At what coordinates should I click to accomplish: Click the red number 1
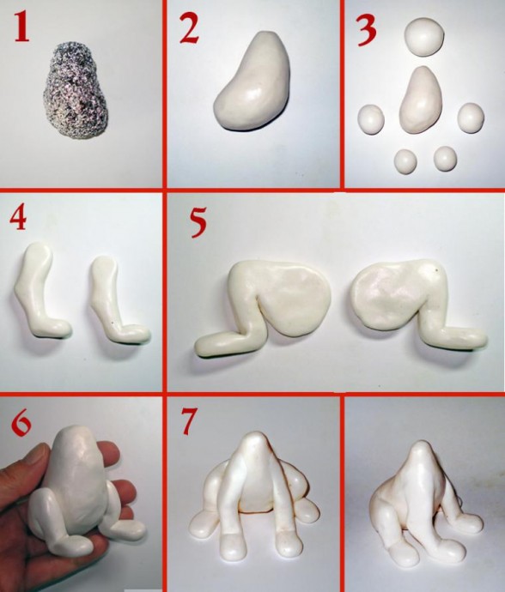point(21,28)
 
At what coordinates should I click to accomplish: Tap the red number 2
point(189,28)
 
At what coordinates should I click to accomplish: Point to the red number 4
point(18,218)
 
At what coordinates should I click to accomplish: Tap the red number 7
point(189,421)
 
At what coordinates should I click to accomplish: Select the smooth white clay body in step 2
point(252,82)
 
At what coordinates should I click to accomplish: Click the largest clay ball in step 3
point(423,37)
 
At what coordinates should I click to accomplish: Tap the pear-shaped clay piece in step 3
point(421,100)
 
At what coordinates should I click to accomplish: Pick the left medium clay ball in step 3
point(371,119)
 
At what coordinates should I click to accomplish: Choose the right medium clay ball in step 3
point(471,118)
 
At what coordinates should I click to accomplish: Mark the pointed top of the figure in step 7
point(254,438)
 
